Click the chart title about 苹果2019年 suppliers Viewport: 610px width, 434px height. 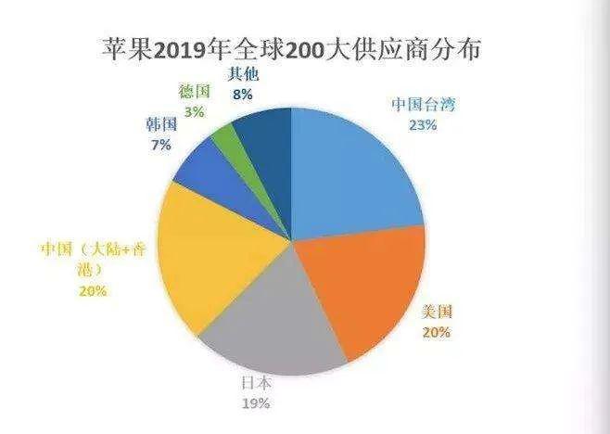click(291, 50)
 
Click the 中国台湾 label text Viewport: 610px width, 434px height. click(423, 104)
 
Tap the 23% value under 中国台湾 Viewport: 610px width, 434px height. click(423, 125)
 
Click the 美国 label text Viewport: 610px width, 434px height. click(438, 312)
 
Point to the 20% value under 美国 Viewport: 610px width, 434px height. click(437, 333)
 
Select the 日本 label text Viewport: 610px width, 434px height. click(256, 383)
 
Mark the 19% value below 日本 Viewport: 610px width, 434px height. click(256, 403)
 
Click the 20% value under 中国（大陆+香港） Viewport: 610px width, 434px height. click(93, 291)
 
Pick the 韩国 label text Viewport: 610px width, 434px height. click(161, 124)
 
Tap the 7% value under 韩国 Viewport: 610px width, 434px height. click(161, 146)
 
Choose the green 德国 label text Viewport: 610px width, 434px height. click(194, 92)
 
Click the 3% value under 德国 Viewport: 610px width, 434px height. click(194, 112)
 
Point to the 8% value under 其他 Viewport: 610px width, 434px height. click(243, 95)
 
